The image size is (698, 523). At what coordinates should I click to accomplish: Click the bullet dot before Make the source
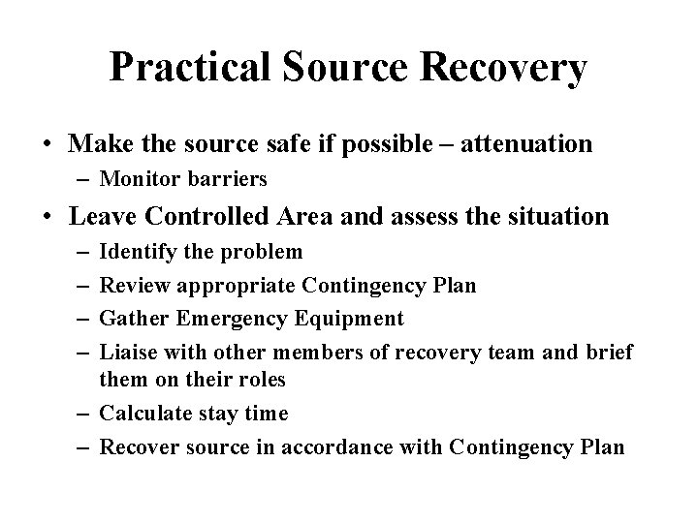pos(48,145)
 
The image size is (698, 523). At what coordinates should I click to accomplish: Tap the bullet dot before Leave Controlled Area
pos(48,216)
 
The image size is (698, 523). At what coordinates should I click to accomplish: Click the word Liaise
pos(128,351)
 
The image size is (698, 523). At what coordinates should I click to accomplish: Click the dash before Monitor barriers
pos(81,179)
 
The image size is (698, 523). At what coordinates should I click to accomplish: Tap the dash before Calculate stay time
pos(81,414)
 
